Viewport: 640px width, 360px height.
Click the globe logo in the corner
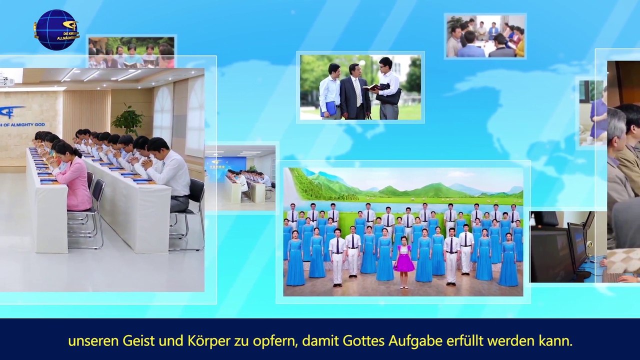[56, 30]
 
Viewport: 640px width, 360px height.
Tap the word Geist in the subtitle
[137, 341]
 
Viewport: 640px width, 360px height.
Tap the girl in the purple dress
[404, 260]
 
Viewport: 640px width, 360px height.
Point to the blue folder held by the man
[330, 108]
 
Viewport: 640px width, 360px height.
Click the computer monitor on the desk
[576, 245]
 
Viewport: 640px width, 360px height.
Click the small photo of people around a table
[485, 36]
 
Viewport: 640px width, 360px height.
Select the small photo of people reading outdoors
[131, 51]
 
